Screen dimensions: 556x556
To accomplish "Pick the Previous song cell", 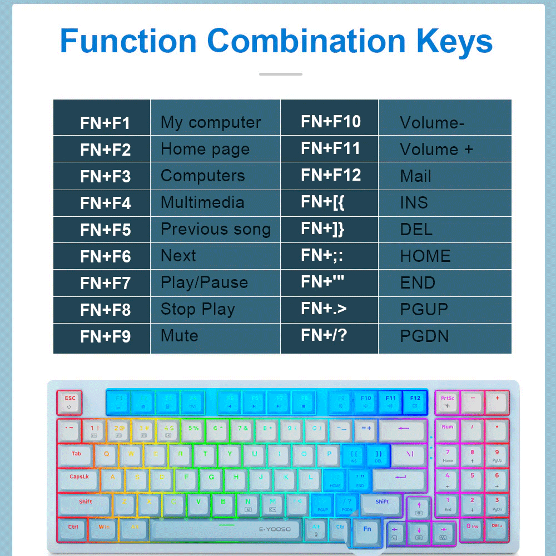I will (x=215, y=229).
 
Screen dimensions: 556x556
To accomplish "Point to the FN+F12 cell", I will (x=331, y=175).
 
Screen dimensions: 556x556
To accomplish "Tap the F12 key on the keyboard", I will (x=415, y=402).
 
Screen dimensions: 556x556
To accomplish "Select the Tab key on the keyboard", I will (x=76, y=455).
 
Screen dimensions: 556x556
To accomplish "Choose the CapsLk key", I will (x=79, y=479).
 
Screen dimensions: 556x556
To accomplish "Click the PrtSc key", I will (x=448, y=402).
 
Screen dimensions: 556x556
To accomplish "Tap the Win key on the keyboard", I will (x=104, y=528).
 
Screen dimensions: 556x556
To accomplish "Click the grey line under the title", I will (x=281, y=74).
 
